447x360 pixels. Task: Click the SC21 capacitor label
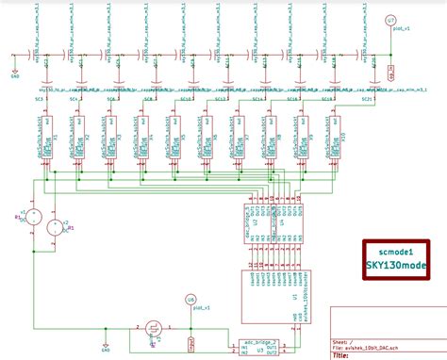click(366, 97)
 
